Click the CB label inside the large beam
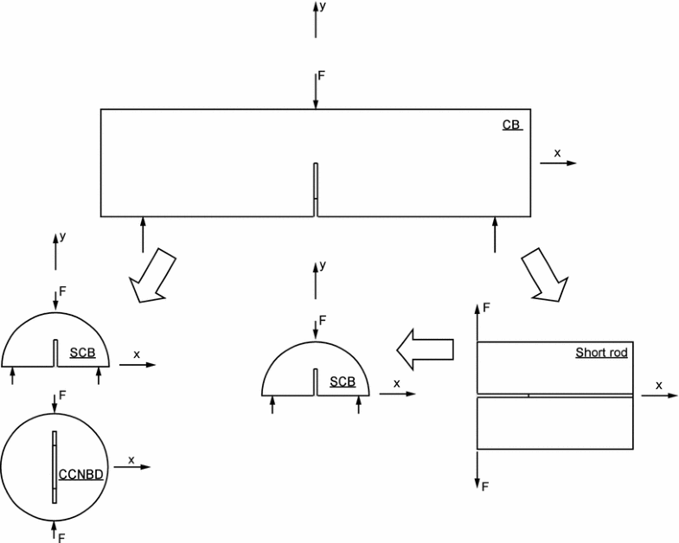coord(511,125)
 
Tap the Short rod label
coord(601,353)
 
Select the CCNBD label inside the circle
coord(81,474)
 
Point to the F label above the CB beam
coord(322,76)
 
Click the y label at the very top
coord(323,6)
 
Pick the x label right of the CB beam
coord(557,152)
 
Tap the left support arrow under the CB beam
coord(142,234)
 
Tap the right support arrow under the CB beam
coord(495,234)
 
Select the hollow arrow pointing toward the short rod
coord(544,277)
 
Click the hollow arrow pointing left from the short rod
coord(426,348)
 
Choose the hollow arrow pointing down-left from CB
coord(151,277)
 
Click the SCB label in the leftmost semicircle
coord(82,353)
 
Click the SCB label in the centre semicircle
coord(343,381)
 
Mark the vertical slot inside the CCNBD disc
coord(54,466)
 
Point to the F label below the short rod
coord(486,487)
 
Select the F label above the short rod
coord(486,307)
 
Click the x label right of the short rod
coord(658,385)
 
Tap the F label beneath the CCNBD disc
coord(61,537)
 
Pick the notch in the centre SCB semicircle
coord(316,381)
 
